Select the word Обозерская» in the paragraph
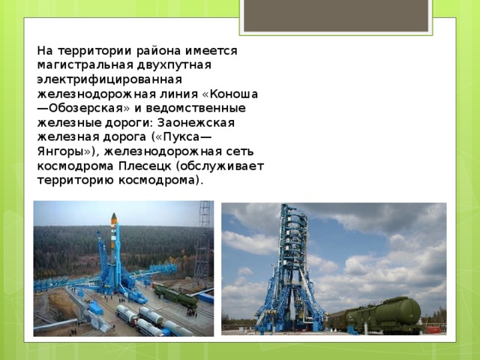click(x=82, y=108)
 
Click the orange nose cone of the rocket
click(x=114, y=218)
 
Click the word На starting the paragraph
click(x=45, y=51)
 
